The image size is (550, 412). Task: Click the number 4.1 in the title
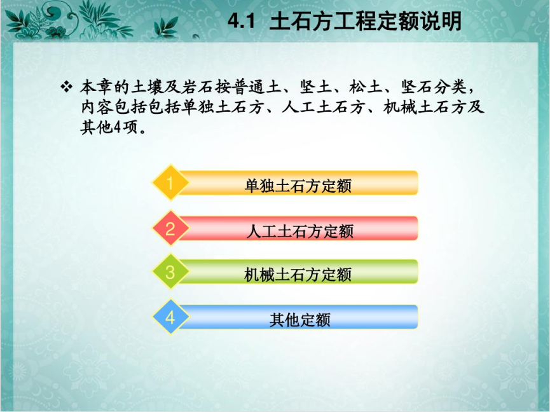(241, 21)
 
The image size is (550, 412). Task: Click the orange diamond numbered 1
(170, 182)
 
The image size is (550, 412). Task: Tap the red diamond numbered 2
(170, 228)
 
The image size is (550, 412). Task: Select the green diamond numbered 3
(170, 271)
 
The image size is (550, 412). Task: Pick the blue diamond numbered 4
(170, 317)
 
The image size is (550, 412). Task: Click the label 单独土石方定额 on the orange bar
(298, 186)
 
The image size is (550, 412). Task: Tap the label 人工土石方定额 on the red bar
(299, 231)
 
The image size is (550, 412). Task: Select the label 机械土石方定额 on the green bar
(298, 275)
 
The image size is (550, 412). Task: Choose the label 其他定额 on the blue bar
(300, 320)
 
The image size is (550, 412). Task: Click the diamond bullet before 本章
(66, 86)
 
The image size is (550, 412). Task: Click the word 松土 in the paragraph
(366, 87)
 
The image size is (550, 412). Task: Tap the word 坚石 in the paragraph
(416, 87)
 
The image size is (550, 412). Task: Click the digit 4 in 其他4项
(117, 127)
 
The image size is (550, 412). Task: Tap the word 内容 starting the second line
(97, 107)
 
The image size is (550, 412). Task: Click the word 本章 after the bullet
(97, 87)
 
